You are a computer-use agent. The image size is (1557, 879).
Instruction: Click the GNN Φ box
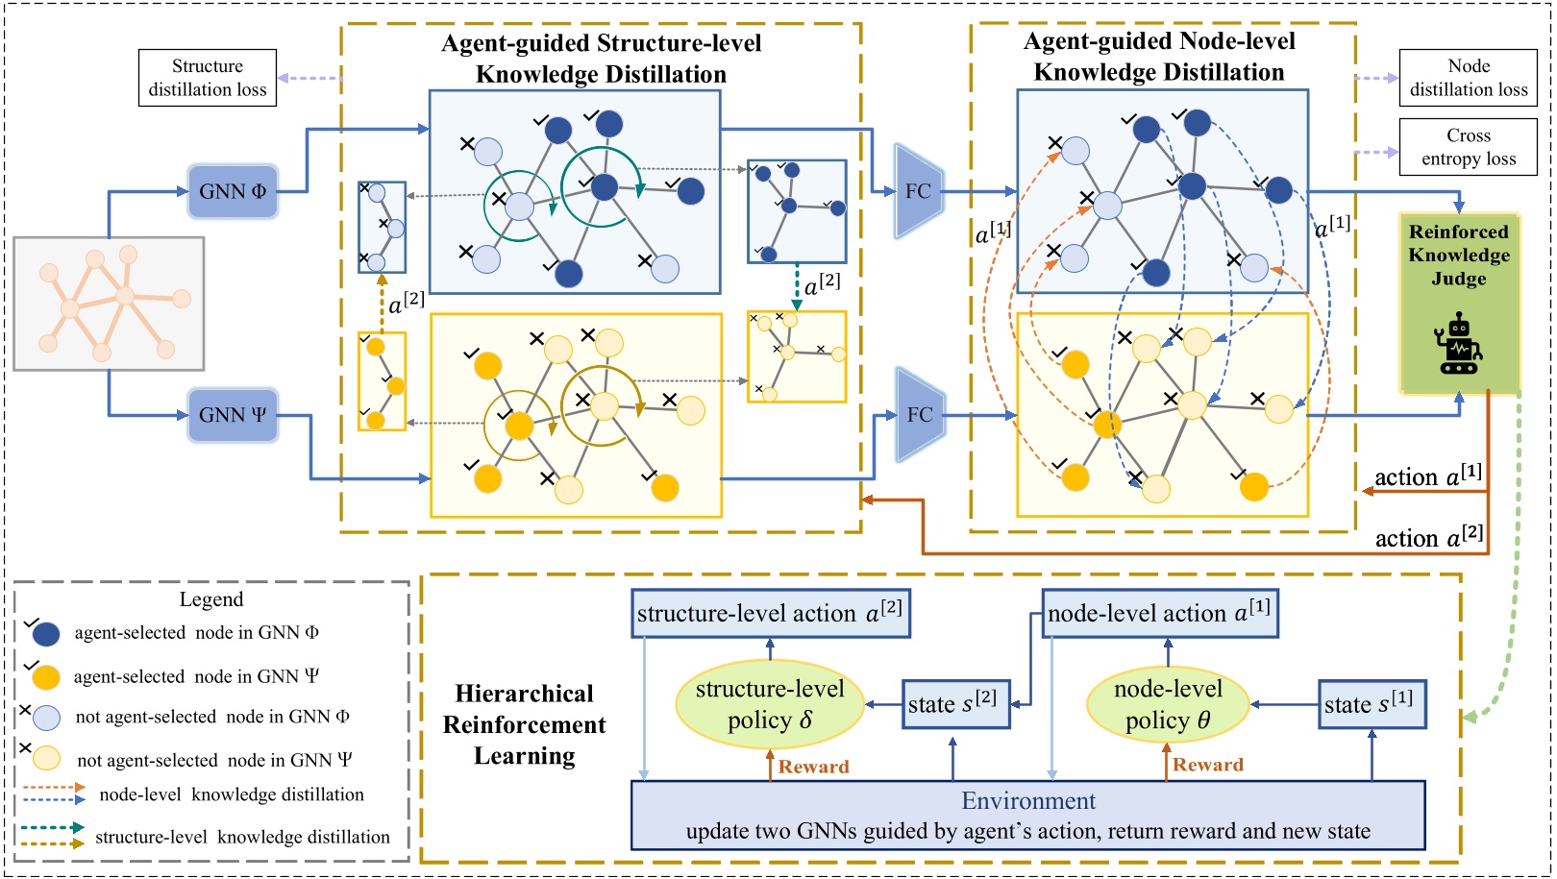coord(233,191)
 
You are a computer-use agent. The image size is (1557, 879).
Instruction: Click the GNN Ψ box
coord(233,415)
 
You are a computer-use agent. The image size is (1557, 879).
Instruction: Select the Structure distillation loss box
coord(208,78)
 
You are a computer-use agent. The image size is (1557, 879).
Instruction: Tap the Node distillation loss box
coord(1468,78)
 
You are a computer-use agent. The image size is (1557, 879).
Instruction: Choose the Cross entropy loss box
coord(1468,147)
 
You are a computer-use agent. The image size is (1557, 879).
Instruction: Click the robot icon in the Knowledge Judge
coord(1459,344)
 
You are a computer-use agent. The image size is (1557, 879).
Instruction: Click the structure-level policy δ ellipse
coord(770,705)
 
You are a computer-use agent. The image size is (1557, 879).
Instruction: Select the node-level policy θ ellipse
coord(1168,705)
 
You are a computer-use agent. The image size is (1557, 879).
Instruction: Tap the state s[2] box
coord(955,704)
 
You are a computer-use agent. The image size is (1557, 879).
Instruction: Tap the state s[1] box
coord(1371,704)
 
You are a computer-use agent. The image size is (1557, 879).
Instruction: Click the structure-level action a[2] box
coord(770,614)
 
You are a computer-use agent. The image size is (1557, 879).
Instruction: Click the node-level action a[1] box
coord(1160,614)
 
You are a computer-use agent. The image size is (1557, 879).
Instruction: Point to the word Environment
coord(1028,801)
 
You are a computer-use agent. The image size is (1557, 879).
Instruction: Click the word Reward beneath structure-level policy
coord(813,767)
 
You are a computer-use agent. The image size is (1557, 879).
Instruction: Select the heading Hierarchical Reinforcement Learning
coord(525,724)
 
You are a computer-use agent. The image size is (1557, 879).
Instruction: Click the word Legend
coord(211,599)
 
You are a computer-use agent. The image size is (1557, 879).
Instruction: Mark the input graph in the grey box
coord(109,304)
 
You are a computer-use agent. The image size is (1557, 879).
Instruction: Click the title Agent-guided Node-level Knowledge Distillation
coord(1159,57)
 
